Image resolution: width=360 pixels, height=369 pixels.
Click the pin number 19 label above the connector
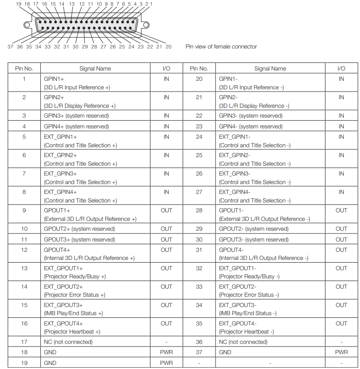pyautogui.click(x=18, y=4)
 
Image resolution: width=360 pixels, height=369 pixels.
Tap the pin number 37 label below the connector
pyautogui.click(x=10, y=47)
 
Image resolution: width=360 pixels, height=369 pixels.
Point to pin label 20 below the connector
pyautogui.click(x=168, y=47)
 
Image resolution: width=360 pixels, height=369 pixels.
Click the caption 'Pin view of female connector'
pyautogui.click(x=221, y=47)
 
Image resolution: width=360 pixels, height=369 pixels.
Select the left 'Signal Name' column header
pyautogui.click(x=95, y=69)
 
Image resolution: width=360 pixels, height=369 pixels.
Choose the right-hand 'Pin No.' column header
pyautogui.click(x=199, y=69)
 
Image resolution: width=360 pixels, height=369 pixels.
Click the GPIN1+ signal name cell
pyautogui.click(x=54, y=79)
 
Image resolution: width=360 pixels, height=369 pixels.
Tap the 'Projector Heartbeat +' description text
pyautogui.click(x=72, y=332)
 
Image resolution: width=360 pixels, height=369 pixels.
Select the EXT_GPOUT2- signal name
pyautogui.click(x=237, y=287)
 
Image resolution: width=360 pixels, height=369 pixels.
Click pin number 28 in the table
pyautogui.click(x=199, y=211)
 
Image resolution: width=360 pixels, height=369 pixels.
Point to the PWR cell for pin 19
pyautogui.click(x=166, y=363)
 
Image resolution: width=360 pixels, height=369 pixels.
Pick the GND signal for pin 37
pyautogui.click(x=225, y=352)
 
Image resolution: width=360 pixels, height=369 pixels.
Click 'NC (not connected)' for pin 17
pyautogui.click(x=68, y=342)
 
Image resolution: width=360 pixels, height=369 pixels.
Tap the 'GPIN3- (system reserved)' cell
pyautogui.click(x=251, y=116)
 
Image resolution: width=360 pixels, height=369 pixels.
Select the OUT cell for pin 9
pyautogui.click(x=166, y=211)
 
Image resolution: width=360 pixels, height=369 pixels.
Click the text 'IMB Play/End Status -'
pyautogui.click(x=247, y=313)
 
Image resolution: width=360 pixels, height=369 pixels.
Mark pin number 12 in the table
pyautogui.click(x=24, y=250)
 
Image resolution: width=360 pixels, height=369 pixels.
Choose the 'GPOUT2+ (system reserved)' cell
pyautogui.click(x=79, y=229)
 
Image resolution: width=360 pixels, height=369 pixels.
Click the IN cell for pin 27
pyautogui.click(x=341, y=192)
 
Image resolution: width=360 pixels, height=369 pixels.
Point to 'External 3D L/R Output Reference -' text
pyautogui.click(x=264, y=219)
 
